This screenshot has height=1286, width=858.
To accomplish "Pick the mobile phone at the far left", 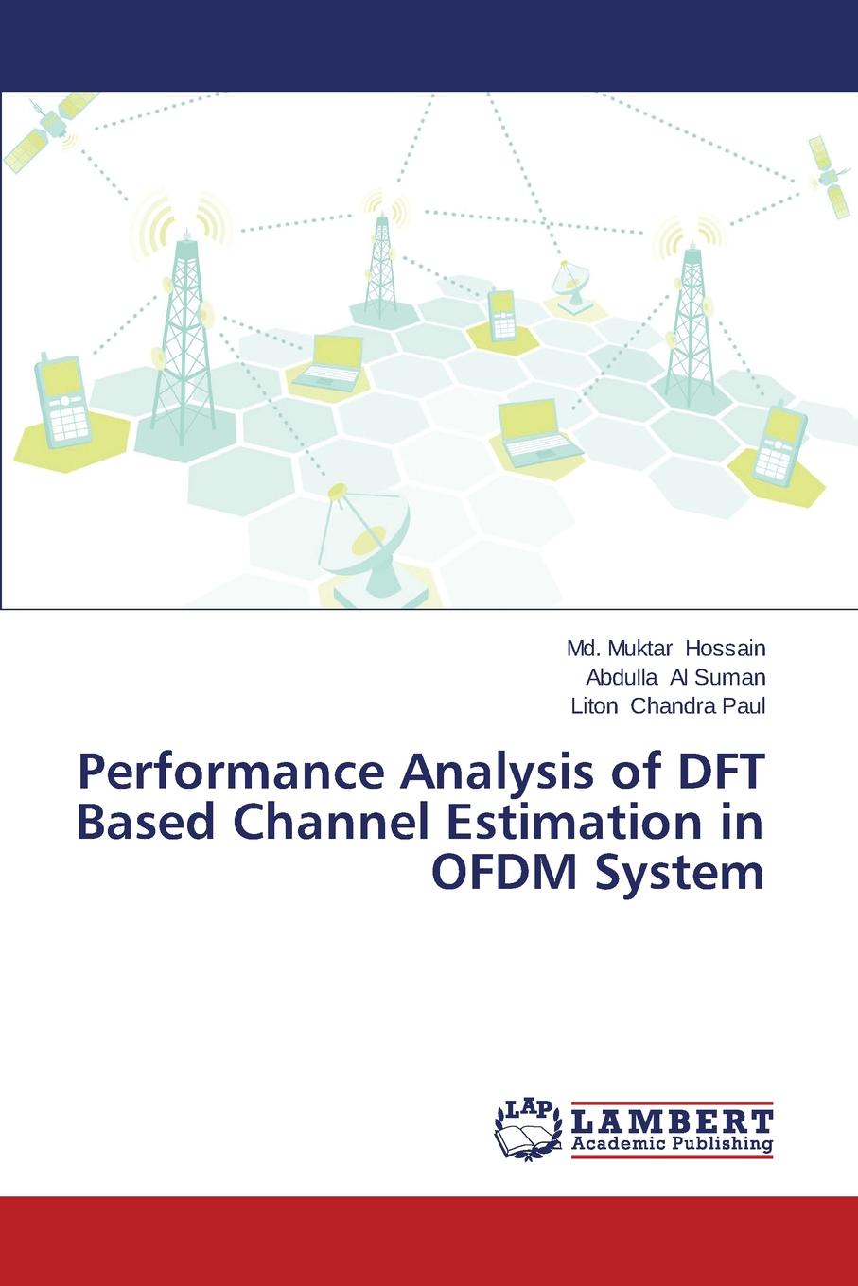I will click(x=62, y=401).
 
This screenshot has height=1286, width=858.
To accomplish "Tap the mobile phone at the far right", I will click(x=780, y=443).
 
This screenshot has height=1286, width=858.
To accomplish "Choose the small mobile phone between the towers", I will click(x=502, y=315).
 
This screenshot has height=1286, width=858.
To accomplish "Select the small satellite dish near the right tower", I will click(x=571, y=285).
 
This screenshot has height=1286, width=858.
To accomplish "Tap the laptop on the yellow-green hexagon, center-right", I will click(x=535, y=433).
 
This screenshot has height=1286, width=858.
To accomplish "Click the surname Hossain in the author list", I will click(x=725, y=649).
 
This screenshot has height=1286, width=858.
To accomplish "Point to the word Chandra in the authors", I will click(x=674, y=705).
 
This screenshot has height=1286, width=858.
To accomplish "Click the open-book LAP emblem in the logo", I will click(x=529, y=1131).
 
